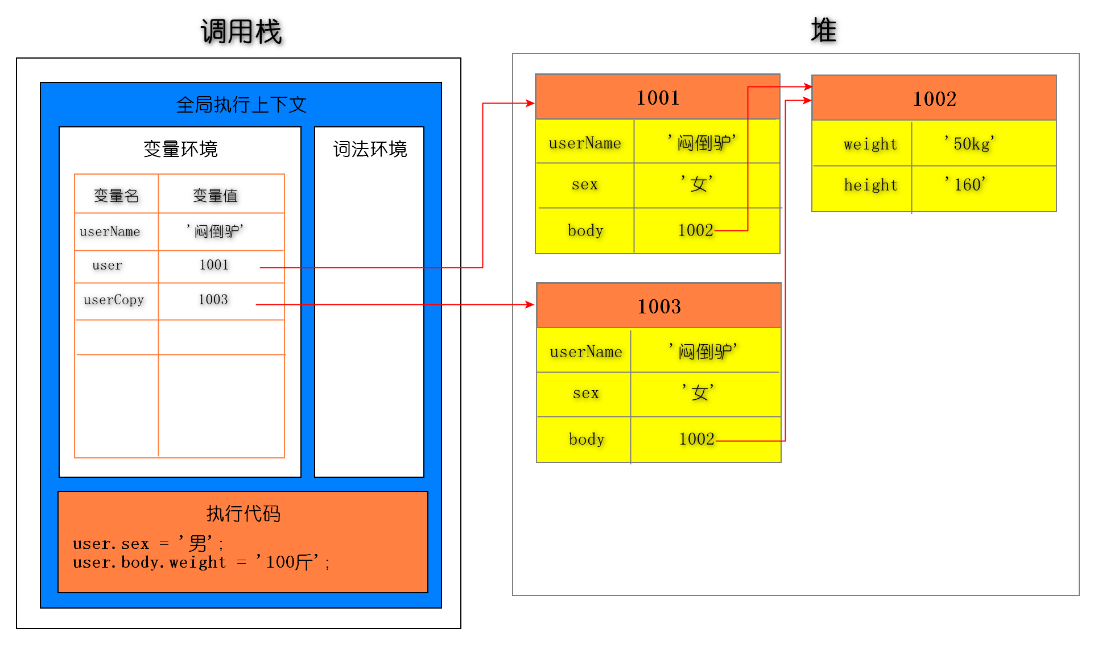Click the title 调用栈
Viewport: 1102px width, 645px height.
pos(241,31)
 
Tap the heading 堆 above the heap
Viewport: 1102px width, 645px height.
pos(823,30)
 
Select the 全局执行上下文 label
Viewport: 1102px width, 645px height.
pos(241,105)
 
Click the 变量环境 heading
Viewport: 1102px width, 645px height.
pos(180,149)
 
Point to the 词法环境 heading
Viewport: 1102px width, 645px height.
pos(370,149)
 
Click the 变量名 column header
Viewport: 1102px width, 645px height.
pos(116,196)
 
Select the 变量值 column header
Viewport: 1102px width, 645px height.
pos(215,196)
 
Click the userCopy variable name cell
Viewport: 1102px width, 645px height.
pos(114,300)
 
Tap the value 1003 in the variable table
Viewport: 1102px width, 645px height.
pos(213,300)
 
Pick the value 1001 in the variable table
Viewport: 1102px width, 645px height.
pos(214,265)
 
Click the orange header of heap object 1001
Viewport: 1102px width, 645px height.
pos(657,98)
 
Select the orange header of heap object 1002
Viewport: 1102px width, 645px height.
pos(934,99)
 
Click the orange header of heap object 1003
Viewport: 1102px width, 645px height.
pos(659,307)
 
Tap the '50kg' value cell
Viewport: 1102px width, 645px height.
pos(969,144)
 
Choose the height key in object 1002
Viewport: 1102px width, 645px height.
pos(870,185)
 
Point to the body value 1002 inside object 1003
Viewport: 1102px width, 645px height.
pos(696,439)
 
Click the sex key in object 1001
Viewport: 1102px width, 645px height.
pos(585,184)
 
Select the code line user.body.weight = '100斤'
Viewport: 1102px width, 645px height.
pos(201,563)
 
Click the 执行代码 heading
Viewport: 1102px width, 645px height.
pos(243,514)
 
